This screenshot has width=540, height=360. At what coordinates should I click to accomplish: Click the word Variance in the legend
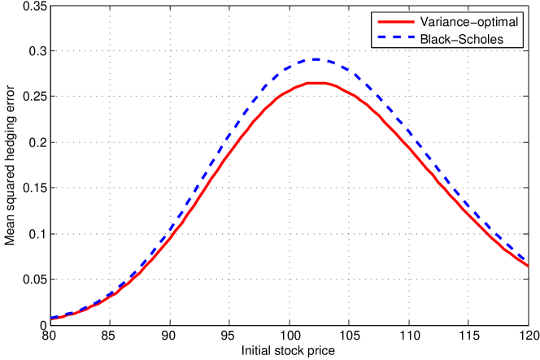pyautogui.click(x=444, y=22)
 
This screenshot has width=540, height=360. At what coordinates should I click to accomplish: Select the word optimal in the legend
pyautogui.click(x=498, y=22)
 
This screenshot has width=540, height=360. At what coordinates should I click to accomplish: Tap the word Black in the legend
pyautogui.click(x=435, y=39)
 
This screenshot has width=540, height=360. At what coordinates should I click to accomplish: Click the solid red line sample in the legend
pyautogui.click(x=394, y=22)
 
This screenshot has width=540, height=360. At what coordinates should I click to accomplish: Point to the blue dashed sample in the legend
pyautogui.click(x=394, y=39)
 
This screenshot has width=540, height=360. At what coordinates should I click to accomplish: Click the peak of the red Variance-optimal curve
pyautogui.click(x=316, y=83)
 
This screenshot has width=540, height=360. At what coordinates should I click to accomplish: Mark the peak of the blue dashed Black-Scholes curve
pyautogui.click(x=316, y=59)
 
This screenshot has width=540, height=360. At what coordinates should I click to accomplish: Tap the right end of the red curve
pyautogui.click(x=528, y=265)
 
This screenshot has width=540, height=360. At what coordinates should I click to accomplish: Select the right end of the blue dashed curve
pyautogui.click(x=528, y=259)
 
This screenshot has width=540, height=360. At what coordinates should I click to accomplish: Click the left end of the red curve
pyautogui.click(x=51, y=319)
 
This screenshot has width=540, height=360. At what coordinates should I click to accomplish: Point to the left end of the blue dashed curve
pyautogui.click(x=51, y=317)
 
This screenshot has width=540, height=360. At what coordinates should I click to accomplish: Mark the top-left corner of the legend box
pyautogui.click(x=371, y=12)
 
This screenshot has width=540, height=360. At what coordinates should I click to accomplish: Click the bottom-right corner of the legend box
pyautogui.click(x=525, y=49)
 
